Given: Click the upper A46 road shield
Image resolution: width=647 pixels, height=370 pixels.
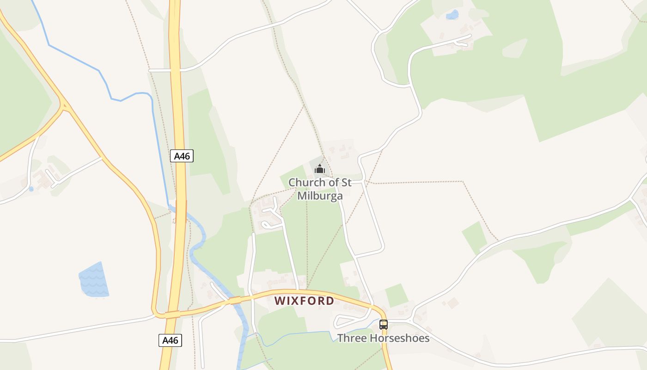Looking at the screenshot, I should point(182,156).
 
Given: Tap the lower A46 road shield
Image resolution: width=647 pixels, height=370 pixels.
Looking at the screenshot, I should point(170,340).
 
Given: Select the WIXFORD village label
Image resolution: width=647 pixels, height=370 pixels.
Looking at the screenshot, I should point(304,301).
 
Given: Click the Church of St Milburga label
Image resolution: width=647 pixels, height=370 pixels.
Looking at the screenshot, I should point(320,189).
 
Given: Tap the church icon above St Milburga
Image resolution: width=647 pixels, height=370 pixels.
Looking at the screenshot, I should point(319,169).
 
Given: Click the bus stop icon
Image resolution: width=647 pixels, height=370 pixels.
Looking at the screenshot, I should point(384,325).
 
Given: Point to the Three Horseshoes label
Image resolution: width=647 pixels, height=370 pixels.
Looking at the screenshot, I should point(383,338).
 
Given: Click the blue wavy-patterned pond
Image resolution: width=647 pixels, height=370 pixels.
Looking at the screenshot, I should point(94,280).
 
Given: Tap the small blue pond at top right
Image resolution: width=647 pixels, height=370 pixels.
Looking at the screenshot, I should point(452,15).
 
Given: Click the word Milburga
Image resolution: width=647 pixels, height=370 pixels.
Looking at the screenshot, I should point(320,196).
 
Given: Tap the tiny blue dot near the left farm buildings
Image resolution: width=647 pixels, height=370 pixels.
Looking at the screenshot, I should point(31,189).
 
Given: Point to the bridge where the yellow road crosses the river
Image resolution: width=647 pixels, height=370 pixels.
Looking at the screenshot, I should point(235,300).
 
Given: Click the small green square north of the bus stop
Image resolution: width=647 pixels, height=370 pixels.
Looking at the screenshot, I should point(396,295).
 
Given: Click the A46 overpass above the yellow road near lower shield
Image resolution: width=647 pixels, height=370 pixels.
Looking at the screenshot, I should point(172,315).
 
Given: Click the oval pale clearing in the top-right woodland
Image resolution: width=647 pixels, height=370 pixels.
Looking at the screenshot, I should point(514,49).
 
